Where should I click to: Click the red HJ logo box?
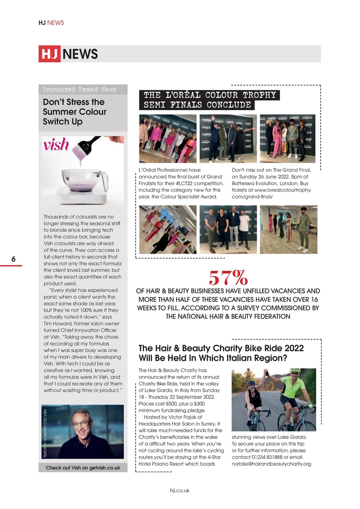coord(49,54)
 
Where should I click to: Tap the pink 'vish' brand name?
coord(56,145)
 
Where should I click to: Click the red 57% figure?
coord(228,277)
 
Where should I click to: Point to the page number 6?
coord(13,259)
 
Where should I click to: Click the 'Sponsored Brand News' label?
coord(79,89)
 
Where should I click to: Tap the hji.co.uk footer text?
coord(180,490)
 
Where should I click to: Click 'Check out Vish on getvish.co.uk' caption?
coord(83,468)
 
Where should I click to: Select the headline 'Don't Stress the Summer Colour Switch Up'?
coord(74,112)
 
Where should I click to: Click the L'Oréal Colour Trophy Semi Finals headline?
coord(210,100)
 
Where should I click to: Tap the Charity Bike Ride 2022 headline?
coord(221,353)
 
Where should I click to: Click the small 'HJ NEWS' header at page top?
coord(51,23)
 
